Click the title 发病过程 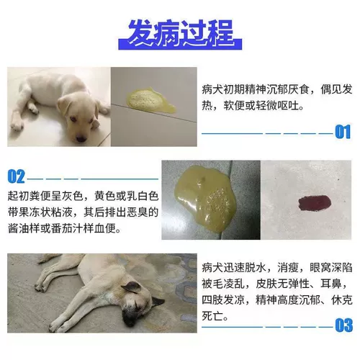(180, 33)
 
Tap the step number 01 (343, 132)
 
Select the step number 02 (16, 176)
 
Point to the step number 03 (344, 325)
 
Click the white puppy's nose (81, 138)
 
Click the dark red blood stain (315, 202)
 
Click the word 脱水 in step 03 (256, 268)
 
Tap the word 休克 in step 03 (342, 300)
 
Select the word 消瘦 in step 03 (288, 268)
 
